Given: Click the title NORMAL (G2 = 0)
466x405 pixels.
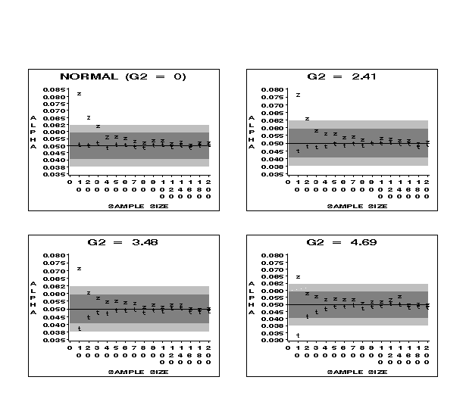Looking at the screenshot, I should click(x=123, y=76).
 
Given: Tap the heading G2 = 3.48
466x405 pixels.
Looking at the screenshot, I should click(x=123, y=243).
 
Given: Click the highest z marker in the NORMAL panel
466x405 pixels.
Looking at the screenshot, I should click(x=79, y=94).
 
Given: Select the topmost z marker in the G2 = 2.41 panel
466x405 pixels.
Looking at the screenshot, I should click(x=298, y=95).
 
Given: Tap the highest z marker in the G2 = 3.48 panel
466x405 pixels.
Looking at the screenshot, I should click(x=79, y=269).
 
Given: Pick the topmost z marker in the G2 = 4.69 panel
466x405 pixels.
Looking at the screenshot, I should click(x=298, y=277).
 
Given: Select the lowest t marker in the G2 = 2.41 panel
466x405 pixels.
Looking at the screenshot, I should click(x=298, y=151).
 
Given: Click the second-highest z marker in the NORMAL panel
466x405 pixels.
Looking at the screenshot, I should click(x=88, y=117).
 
